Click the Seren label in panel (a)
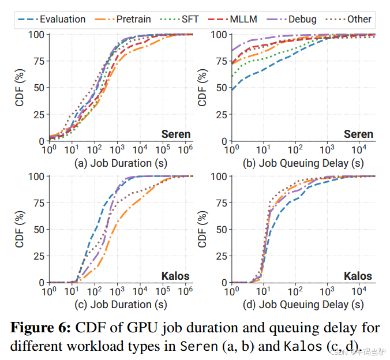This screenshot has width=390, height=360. (176, 134)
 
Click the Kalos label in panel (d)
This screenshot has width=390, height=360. (358, 276)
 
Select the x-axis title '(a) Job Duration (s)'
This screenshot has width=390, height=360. (121, 163)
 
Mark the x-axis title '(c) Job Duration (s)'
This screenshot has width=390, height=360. (121, 305)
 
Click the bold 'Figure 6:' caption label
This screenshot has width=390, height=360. (42, 328)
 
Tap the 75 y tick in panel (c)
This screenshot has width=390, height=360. (35, 203)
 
